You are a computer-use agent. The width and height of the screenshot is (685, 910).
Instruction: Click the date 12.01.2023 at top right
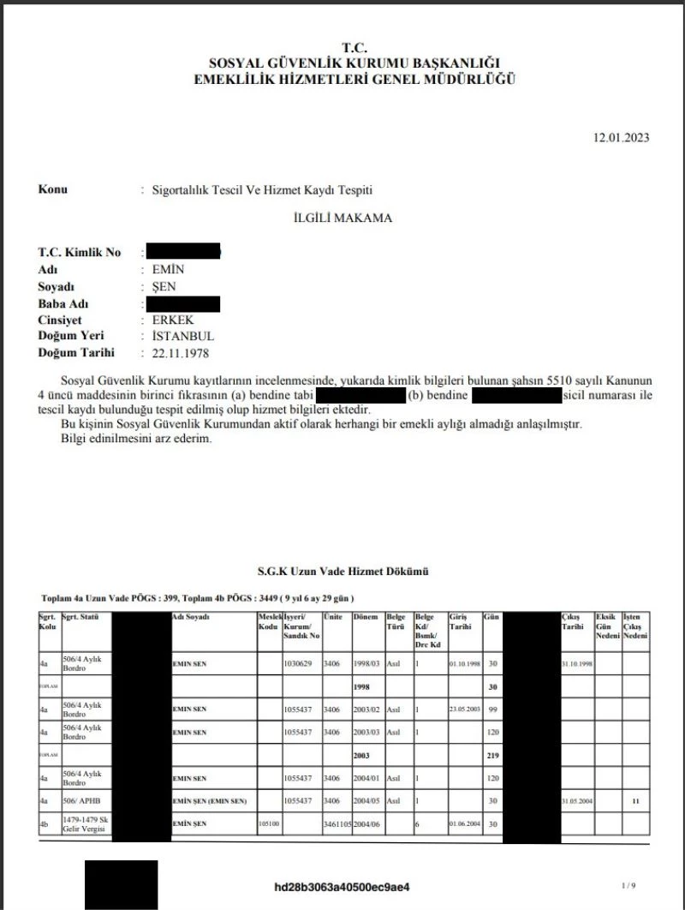click(x=621, y=138)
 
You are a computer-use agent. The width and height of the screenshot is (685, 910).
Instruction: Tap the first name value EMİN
click(x=167, y=270)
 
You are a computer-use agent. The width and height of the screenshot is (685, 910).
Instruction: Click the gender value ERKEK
click(x=174, y=320)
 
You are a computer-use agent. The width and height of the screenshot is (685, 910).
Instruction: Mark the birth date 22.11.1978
click(x=180, y=352)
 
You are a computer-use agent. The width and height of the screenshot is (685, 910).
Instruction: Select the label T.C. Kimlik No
click(x=80, y=253)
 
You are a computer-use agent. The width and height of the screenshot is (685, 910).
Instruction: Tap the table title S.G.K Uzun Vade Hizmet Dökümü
click(x=342, y=571)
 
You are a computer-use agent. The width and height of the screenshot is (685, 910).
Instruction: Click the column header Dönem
click(x=366, y=617)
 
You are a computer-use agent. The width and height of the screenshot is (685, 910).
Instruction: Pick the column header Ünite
click(x=334, y=617)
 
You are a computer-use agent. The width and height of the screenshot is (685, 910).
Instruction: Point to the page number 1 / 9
click(x=628, y=884)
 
